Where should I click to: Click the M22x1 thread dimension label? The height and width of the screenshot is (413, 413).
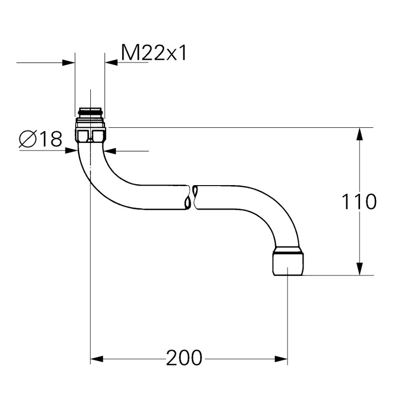click(x=154, y=53)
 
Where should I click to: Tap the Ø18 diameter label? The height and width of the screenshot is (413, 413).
click(x=41, y=140)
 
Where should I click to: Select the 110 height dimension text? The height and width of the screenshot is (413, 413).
click(x=359, y=202)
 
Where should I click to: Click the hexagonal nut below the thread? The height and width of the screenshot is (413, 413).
click(x=90, y=133)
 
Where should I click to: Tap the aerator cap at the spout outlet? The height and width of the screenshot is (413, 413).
click(x=288, y=262)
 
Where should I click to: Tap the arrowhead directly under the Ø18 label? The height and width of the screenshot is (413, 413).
click(x=71, y=151)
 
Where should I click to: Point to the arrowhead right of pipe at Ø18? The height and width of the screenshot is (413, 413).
click(x=111, y=151)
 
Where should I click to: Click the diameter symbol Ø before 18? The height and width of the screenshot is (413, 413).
click(x=27, y=140)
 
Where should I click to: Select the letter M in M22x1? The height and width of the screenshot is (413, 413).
click(x=129, y=53)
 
